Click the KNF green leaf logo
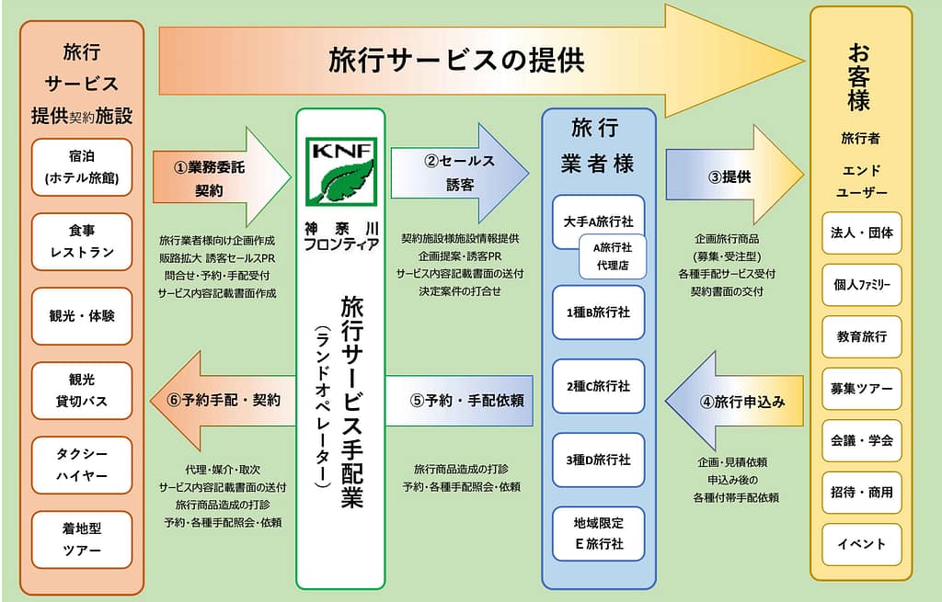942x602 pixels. click(341, 171)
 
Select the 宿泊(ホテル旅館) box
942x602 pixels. click(82, 166)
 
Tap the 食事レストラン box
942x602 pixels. click(82, 241)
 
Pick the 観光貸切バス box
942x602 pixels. click(82, 391)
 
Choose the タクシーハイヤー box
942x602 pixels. click(82, 465)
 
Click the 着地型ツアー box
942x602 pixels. click(82, 540)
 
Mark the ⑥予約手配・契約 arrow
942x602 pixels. click(221, 401)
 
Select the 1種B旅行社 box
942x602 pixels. click(598, 312)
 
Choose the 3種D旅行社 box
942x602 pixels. click(598, 460)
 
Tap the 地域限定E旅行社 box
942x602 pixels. click(598, 534)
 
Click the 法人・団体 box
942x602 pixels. click(862, 232)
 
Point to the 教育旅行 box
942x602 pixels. click(862, 336)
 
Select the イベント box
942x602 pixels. click(862, 544)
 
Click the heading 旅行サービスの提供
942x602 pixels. click(457, 61)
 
